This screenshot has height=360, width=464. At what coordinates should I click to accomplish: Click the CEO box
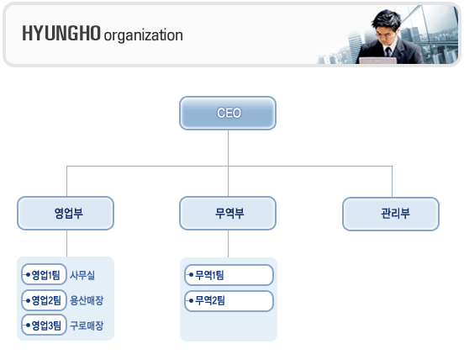pos(228,113)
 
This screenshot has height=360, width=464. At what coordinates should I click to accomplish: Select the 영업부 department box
pos(66,213)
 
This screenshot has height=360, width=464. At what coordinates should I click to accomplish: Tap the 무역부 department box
pos(228,213)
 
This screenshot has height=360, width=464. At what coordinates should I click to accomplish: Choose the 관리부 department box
pos(391,214)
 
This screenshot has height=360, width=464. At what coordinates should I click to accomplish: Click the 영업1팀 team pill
pos(44,274)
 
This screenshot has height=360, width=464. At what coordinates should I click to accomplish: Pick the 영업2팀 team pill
pos(44,300)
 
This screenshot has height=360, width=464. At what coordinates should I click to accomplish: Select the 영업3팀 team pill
pos(44,325)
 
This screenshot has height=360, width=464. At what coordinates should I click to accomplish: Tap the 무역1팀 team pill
pos(229,275)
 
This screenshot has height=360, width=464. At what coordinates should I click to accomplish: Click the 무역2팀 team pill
pos(229,301)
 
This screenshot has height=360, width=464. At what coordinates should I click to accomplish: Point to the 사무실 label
pos(82,275)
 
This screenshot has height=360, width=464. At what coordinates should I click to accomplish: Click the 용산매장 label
pos(87,300)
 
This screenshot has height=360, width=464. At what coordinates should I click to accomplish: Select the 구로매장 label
pos(87,326)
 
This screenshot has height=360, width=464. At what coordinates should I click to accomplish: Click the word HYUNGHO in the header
pos(61,33)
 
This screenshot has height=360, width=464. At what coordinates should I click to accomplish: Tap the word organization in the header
pos(143,35)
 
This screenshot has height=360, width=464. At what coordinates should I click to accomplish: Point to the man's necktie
pos(388,52)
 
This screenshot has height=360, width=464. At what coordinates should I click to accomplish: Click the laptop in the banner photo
pos(378,61)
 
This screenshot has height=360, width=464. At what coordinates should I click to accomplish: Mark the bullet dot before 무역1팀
pos(191,275)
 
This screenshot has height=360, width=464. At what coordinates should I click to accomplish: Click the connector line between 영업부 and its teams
pos(67,243)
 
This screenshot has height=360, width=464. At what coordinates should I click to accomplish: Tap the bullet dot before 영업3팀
pos(28,326)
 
